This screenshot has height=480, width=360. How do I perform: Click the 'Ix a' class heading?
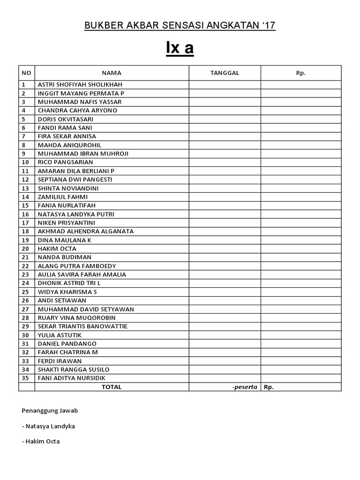point(180,48)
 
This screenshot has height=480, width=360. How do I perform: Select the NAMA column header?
point(112,73)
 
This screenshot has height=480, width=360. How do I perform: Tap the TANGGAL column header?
point(225,73)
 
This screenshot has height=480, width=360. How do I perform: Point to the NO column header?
point(26,73)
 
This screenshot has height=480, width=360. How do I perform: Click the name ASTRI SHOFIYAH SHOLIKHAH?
point(80,85)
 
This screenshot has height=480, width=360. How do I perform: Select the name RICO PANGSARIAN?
point(65,162)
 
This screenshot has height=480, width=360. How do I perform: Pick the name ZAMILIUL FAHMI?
point(62,197)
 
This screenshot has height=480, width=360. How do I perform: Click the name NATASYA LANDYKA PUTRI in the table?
point(76,214)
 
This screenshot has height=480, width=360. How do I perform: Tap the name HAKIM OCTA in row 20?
point(57,248)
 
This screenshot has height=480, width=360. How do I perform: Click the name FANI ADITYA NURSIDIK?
point(72,378)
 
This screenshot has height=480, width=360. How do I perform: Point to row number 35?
point(25,378)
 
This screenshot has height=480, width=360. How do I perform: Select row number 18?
point(25,232)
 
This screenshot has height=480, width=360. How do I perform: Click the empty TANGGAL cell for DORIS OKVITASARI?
point(225,119)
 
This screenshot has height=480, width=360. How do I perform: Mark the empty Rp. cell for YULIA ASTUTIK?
point(301,335)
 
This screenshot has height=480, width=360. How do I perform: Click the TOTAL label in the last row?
point(112,387)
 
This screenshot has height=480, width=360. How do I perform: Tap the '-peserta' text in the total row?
point(245,387)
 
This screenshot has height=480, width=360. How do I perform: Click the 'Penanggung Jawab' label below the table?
point(50,411)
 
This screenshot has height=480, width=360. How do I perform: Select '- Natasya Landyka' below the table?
point(48,426)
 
